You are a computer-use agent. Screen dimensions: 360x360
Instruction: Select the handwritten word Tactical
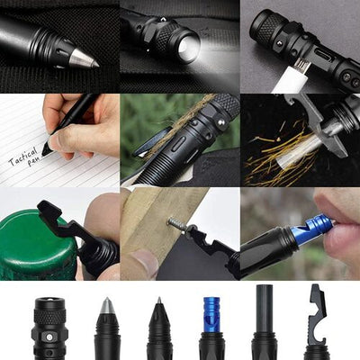(x=23, y=157)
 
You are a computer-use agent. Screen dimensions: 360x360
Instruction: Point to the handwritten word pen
(x=34, y=164)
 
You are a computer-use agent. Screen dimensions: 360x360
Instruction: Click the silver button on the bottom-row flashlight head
(x=49, y=337)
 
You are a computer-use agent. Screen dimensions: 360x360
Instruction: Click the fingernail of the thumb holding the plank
(x=146, y=257)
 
